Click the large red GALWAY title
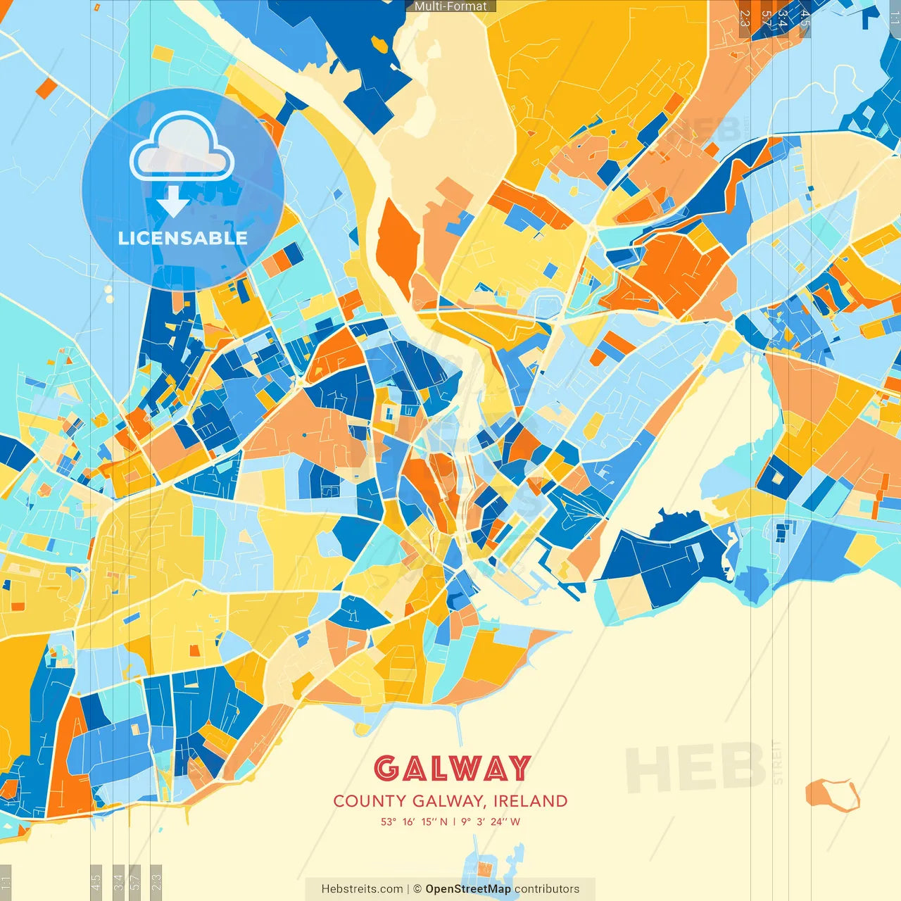point(451,768)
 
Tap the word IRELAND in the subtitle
point(530,801)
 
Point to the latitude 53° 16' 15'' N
point(414,821)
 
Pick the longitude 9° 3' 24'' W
point(491,821)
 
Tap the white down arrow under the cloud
point(173,202)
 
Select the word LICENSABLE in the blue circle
point(182,238)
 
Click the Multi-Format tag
point(450,6)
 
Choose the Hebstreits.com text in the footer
point(362,889)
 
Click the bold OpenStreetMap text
point(468,889)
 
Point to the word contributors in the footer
point(547,889)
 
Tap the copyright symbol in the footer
point(417,889)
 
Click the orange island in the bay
point(831,794)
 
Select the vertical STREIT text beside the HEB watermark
point(778,762)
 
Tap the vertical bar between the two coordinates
point(455,821)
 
